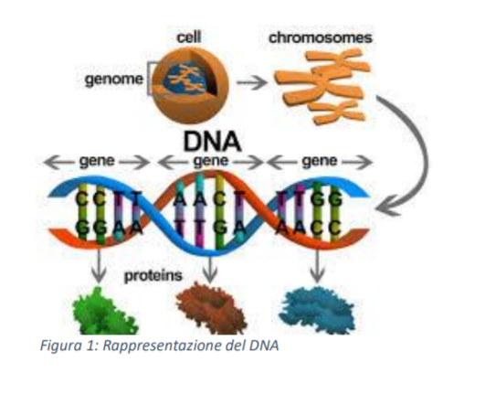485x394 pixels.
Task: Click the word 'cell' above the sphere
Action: click(189, 37)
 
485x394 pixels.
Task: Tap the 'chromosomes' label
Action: click(321, 38)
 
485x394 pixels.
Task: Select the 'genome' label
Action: click(114, 80)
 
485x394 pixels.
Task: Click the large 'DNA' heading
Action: click(212, 141)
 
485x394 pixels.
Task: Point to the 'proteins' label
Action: click(153, 276)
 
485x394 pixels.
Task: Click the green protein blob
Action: click(104, 312)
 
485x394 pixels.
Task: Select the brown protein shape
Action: click(212, 309)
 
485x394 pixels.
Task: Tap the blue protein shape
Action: click(317, 310)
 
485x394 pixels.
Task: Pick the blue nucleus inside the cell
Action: click(184, 79)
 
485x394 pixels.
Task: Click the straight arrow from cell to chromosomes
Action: click(252, 82)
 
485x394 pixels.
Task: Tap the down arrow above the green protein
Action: click(99, 265)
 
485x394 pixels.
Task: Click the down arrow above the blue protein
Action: click(317, 265)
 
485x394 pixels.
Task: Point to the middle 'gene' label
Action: click(211, 161)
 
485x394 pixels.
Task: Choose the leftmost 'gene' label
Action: click(97, 161)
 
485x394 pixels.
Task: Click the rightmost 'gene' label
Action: click(320, 161)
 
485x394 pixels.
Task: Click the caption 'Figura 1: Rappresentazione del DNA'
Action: click(159, 346)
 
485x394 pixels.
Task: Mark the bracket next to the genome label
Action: click(150, 79)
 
